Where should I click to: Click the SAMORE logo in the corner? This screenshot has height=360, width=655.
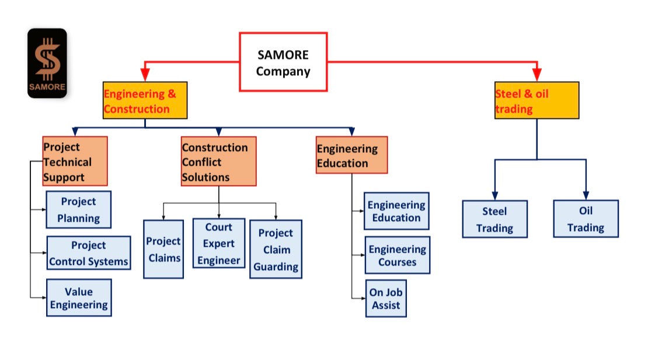click(x=47, y=63)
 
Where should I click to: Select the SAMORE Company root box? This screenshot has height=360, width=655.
click(x=283, y=62)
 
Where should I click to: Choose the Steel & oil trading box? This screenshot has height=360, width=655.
click(x=536, y=100)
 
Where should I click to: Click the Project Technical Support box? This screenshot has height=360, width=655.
click(x=75, y=161)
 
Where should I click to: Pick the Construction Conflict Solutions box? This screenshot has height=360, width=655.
click(x=218, y=161)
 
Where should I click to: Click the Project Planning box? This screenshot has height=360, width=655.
click(x=78, y=209)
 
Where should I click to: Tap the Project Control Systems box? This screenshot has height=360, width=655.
click(x=88, y=253)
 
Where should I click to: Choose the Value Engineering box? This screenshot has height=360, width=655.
click(x=78, y=298)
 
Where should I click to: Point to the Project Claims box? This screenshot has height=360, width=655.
click(x=163, y=249)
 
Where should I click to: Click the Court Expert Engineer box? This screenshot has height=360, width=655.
click(x=218, y=243)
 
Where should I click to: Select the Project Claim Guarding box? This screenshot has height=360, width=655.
click(x=276, y=249)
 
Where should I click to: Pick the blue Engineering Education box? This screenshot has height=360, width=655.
click(x=396, y=211)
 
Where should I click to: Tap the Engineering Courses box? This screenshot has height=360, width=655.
click(x=397, y=255)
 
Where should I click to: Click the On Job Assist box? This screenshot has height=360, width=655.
click(x=386, y=299)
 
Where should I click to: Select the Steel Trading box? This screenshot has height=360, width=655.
click(x=494, y=219)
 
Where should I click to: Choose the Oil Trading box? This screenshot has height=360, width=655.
click(x=586, y=219)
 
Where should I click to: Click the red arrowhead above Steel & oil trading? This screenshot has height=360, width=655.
click(x=536, y=75)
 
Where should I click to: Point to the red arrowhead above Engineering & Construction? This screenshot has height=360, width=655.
click(x=145, y=75)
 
